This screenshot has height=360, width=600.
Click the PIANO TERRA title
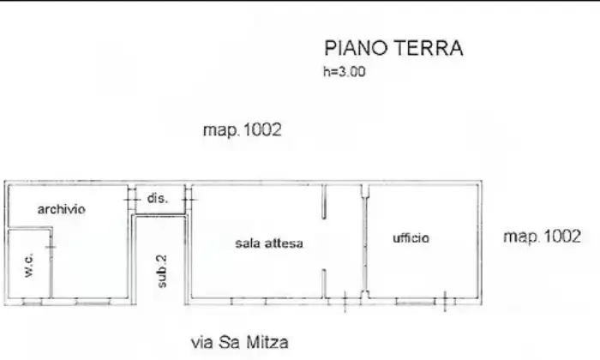tap(393, 48)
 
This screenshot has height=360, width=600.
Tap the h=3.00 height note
tap(345, 71)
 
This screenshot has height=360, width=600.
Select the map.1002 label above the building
tap(243, 130)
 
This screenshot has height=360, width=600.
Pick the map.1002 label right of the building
tap(543, 237)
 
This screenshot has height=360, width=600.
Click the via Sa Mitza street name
tap(240, 342)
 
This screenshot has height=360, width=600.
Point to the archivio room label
tap(61, 209)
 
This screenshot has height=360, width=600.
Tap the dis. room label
tap(158, 198)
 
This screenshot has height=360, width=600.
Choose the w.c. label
tap(29, 264)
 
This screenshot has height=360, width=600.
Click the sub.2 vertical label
tap(162, 271)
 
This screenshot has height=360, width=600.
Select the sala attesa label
tap(269, 243)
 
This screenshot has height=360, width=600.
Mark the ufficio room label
tap(411, 238)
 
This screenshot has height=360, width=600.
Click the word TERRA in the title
tap(429, 48)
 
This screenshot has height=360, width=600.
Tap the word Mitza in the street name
tap(267, 342)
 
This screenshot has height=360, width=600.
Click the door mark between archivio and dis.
tap(132, 200)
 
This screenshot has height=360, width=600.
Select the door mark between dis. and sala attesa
tap(189, 200)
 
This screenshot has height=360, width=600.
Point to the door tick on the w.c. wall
tap(51, 247)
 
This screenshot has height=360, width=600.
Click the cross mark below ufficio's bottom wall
tap(445, 301)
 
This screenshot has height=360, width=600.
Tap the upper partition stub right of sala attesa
tap(324, 201)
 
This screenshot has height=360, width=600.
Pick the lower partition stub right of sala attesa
tap(324, 284)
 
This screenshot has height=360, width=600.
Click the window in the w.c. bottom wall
tap(33, 303)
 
